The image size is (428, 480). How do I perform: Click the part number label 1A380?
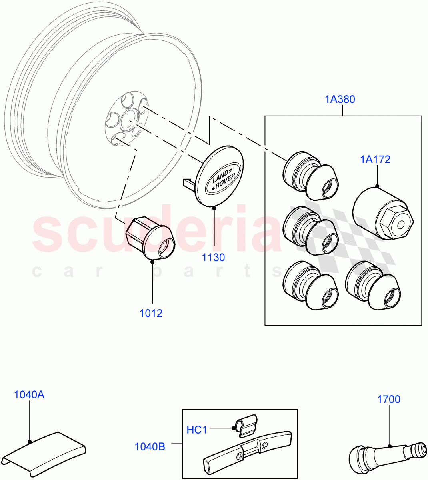pos(340,99)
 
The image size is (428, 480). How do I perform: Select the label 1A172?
pos(375,160)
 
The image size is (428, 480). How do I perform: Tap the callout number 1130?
pos(213,258)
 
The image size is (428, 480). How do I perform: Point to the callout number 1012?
pos(151,313)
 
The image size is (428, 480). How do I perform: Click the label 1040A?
pos(29,395)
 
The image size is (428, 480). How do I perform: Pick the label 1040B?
pos(150,447)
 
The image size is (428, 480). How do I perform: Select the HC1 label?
pos(197,430)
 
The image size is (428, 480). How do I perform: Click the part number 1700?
pos(388,399)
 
